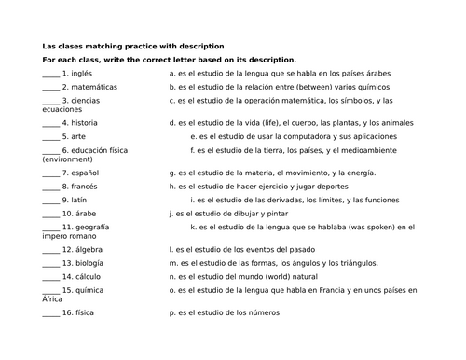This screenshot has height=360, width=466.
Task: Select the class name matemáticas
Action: (96, 86)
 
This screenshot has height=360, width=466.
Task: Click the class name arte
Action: (78, 136)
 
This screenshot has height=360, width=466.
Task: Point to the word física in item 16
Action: (84, 313)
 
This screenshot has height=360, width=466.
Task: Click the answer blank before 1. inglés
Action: (50, 74)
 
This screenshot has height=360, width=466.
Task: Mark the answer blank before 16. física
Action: (50, 314)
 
